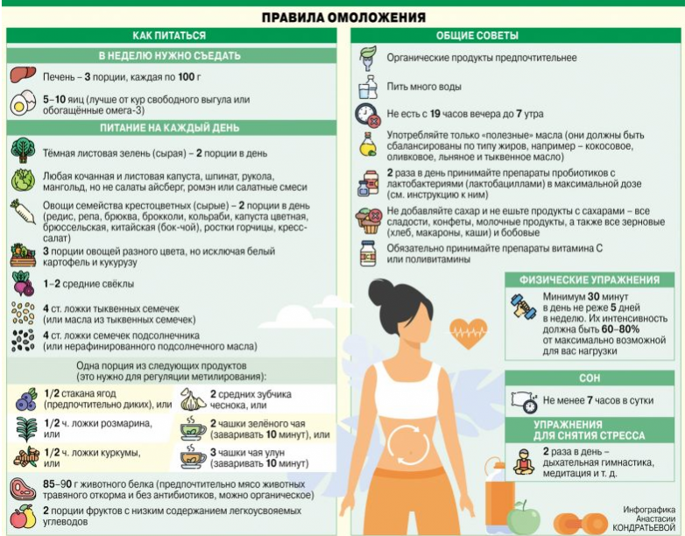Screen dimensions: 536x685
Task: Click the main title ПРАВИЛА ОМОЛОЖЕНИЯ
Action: [x=342, y=18]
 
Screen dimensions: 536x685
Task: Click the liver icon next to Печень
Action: [x=21, y=76]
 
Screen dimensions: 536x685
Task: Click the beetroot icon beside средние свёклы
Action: [x=23, y=284]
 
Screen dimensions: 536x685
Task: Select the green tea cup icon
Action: [x=192, y=428]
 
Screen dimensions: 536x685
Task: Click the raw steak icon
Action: [x=21, y=489]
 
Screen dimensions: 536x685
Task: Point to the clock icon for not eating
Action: [x=366, y=115]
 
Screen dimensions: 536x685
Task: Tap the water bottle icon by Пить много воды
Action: [x=367, y=87]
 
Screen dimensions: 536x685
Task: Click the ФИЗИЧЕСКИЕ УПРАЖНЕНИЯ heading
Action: [x=589, y=280]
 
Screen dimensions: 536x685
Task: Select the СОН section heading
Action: [x=589, y=378]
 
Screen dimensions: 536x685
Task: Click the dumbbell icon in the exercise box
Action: [x=525, y=306]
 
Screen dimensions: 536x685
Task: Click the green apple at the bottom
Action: [x=524, y=518]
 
